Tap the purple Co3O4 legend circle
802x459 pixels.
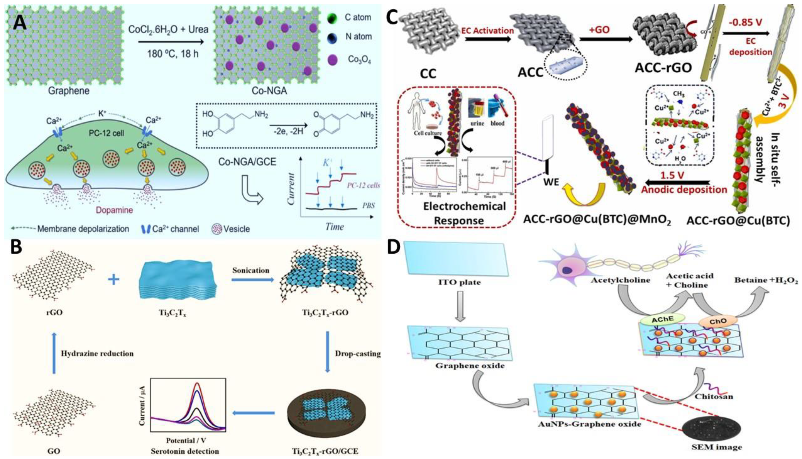[333, 59]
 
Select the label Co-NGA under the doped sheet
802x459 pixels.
[269, 91]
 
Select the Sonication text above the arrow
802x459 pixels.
[251, 270]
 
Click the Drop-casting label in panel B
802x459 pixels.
[358, 354]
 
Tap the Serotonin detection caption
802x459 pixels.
[185, 451]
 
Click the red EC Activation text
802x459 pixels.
[487, 31]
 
